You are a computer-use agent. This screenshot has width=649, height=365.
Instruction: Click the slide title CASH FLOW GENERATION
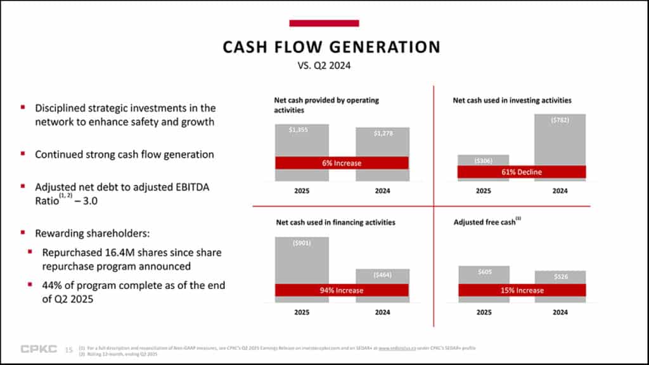click(x=331, y=47)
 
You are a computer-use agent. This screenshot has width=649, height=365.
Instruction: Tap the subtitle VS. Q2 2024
click(x=324, y=65)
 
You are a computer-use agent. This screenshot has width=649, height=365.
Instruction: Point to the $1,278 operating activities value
click(x=382, y=133)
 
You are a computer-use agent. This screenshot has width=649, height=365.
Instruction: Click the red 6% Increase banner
click(x=342, y=163)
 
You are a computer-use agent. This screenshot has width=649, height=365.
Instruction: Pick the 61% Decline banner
click(x=522, y=172)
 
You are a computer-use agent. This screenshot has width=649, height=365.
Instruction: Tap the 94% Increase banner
click(x=342, y=290)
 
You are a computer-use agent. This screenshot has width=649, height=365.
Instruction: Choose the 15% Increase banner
click(x=522, y=290)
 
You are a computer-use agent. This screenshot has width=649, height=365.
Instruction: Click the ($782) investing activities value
click(x=560, y=120)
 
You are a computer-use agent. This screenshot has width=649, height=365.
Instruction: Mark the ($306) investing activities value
click(x=483, y=161)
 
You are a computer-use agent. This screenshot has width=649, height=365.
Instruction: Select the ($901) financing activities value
click(x=302, y=243)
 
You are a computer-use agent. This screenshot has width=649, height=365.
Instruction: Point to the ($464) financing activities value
click(x=382, y=274)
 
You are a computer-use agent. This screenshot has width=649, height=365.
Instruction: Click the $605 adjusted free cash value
click(x=483, y=272)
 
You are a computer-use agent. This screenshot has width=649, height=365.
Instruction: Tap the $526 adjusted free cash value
click(x=560, y=276)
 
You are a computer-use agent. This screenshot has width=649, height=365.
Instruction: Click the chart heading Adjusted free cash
click(x=485, y=222)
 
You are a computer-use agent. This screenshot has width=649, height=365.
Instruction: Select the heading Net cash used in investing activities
click(x=512, y=100)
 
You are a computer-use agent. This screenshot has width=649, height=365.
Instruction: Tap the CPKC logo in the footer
click(x=39, y=349)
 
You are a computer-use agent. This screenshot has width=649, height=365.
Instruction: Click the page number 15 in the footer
click(x=69, y=350)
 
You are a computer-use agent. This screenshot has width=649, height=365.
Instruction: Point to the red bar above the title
click(x=324, y=23)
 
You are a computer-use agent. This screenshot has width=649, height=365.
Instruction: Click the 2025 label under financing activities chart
click(x=302, y=312)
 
